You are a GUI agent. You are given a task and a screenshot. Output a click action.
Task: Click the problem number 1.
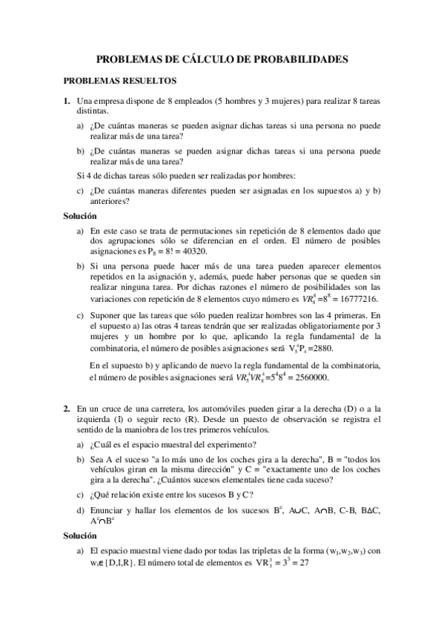[x=67, y=100]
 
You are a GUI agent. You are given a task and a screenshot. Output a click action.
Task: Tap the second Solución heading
[x=80, y=535]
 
